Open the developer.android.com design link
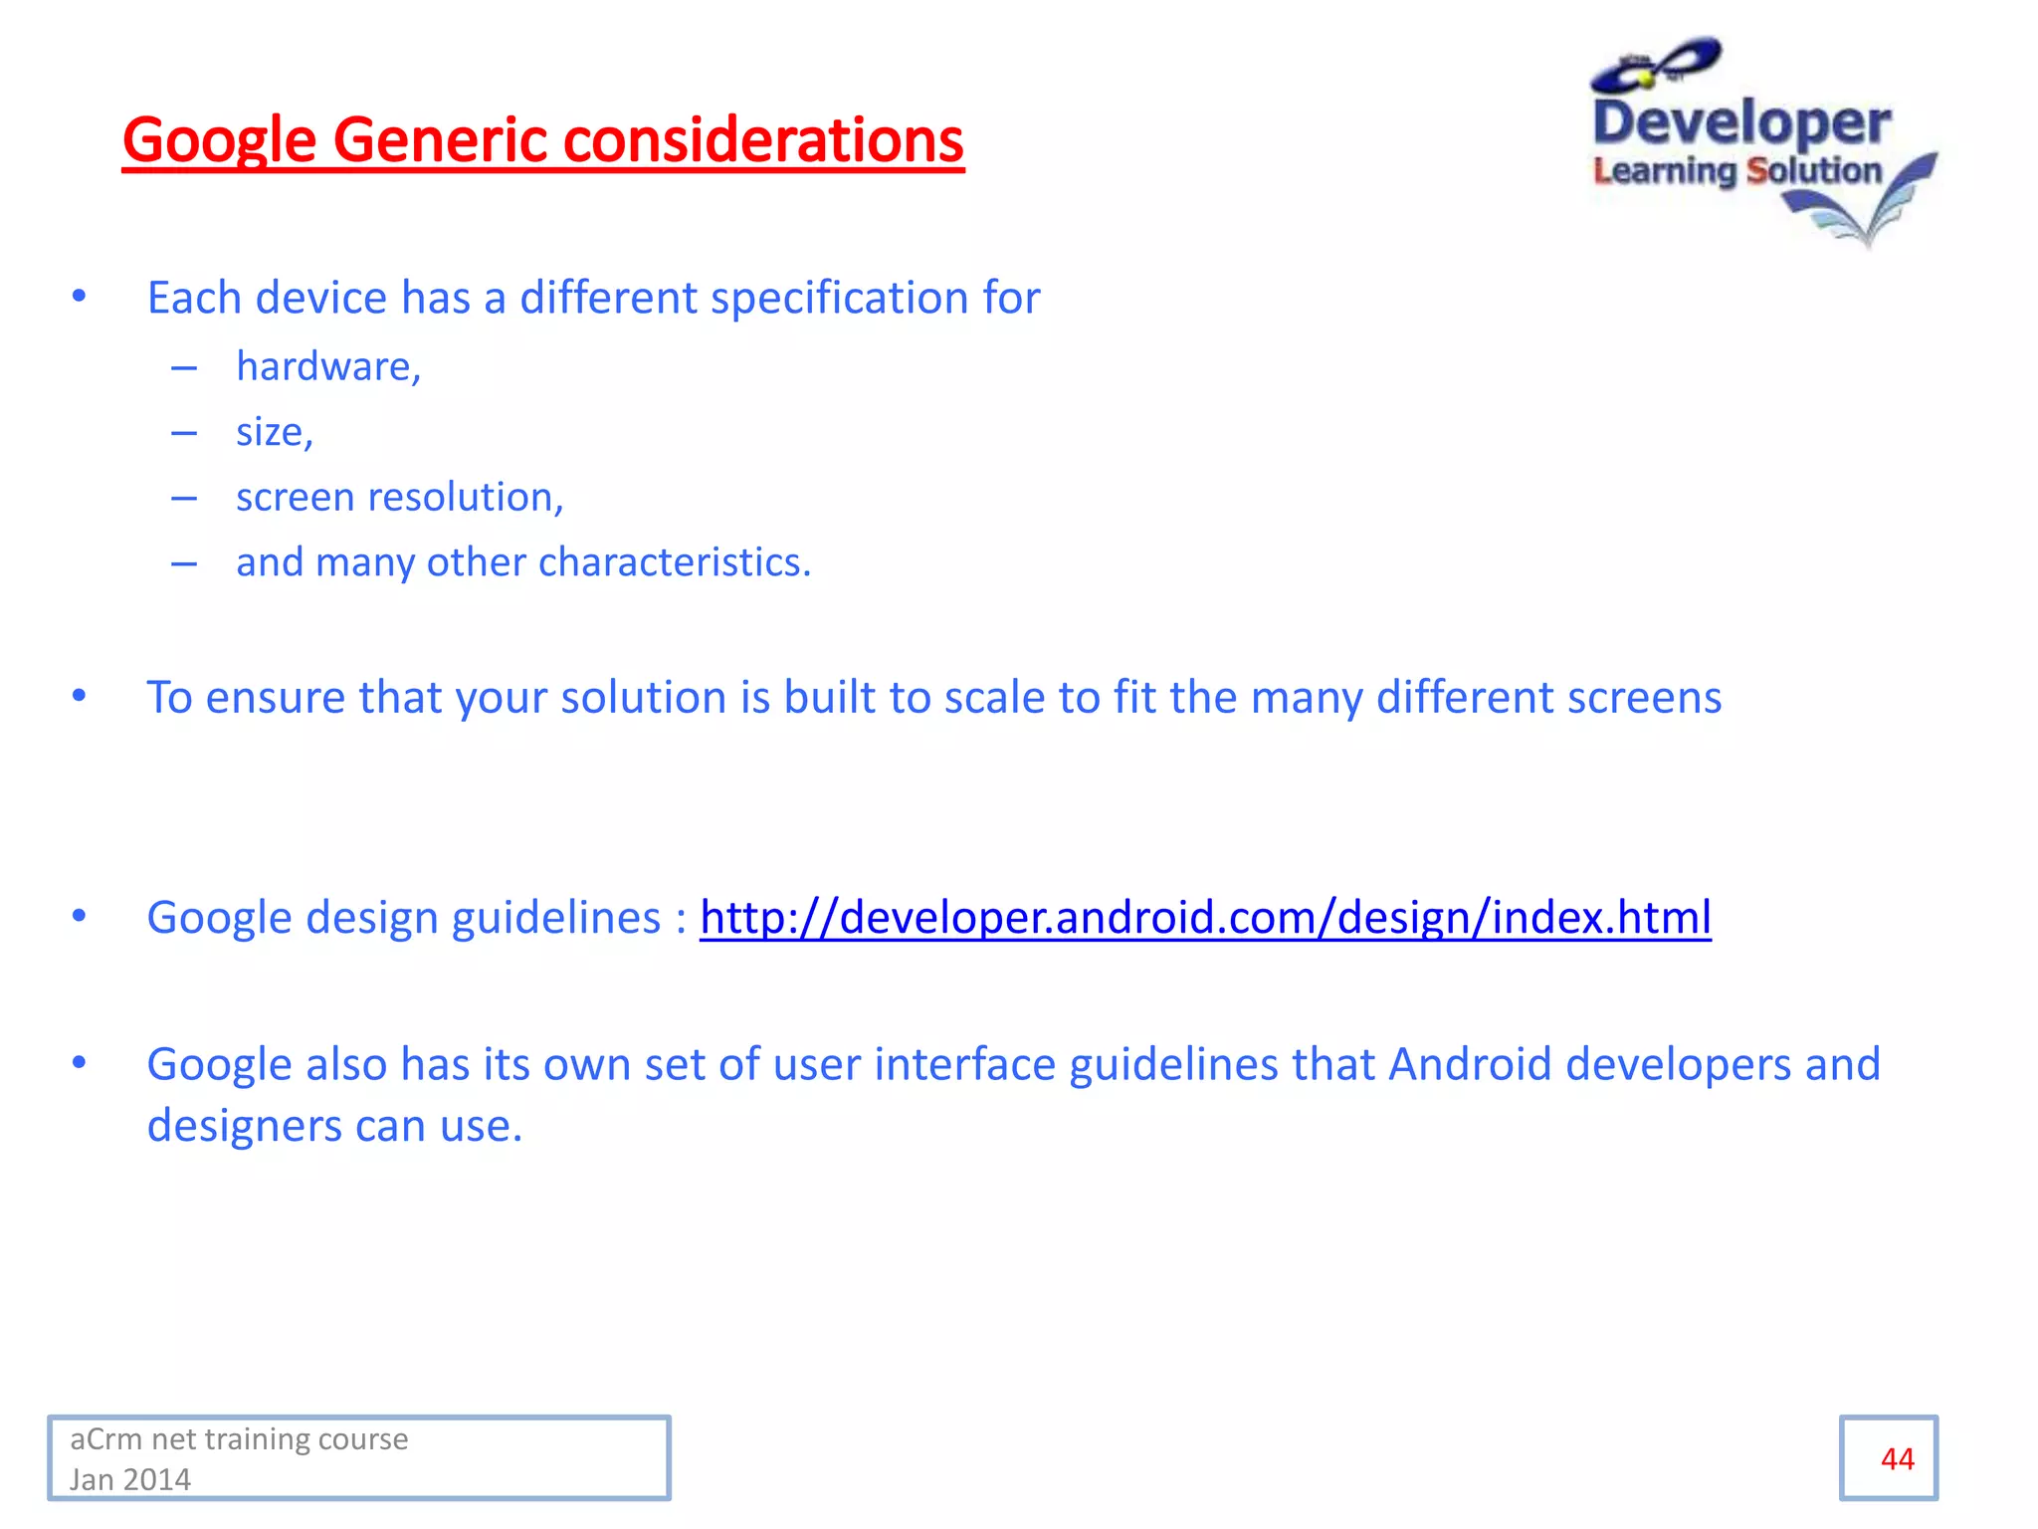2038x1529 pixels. tap(1205, 917)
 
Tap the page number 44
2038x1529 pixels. tap(1897, 1458)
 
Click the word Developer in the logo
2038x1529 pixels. tap(1741, 123)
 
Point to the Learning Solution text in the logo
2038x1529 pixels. tap(1736, 170)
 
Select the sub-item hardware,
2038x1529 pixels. tap(328, 366)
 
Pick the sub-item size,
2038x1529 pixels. tap(274, 432)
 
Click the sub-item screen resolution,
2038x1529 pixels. tap(399, 497)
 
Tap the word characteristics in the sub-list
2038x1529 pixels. tap(675, 562)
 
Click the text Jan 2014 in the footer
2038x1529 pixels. tap(130, 1479)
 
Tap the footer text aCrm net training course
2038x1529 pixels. tap(239, 1439)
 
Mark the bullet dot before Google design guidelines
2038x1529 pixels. tap(80, 916)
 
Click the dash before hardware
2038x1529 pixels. tap(184, 367)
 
